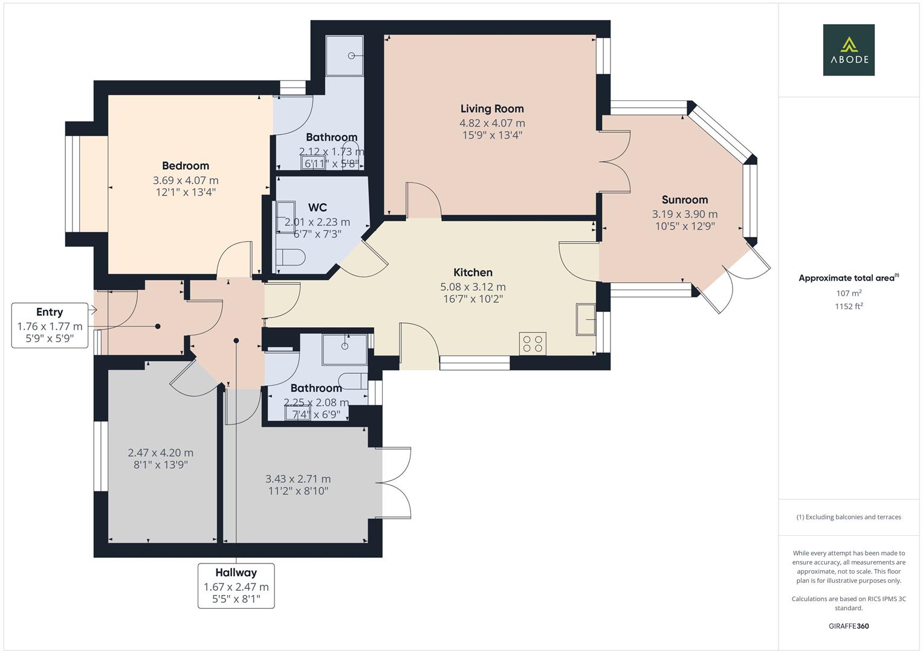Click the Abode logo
[x=848, y=50]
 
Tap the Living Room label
[x=492, y=109]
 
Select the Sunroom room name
[x=684, y=200]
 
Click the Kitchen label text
[x=473, y=273]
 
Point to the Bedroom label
[x=186, y=166]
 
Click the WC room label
[x=317, y=207]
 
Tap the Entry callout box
[x=50, y=326]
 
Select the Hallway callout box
[x=236, y=585]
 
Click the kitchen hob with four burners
[x=533, y=344]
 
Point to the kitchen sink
[x=586, y=319]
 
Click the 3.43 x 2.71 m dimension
[x=298, y=479]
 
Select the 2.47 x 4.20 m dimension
[x=161, y=452]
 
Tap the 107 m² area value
[x=848, y=293]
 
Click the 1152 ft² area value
[x=848, y=306]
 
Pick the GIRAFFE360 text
[x=848, y=626]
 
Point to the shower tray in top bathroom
[x=345, y=56]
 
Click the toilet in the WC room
[x=291, y=258]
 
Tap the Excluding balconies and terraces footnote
[x=849, y=517]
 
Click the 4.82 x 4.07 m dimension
[x=492, y=123]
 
